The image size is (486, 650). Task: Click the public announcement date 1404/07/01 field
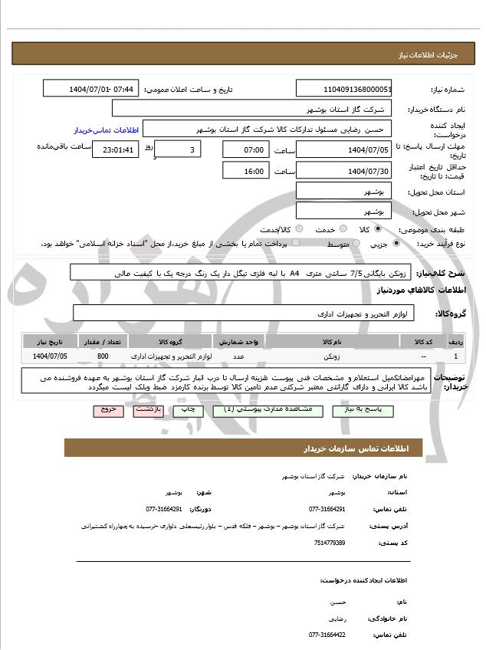click(91, 89)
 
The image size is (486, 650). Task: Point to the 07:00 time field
click(244, 149)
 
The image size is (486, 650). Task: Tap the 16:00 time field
click(244, 171)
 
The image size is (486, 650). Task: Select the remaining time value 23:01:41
click(116, 149)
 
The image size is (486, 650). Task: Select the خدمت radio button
click(342, 229)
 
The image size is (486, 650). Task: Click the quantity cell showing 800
click(103, 356)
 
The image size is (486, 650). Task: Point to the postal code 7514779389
click(330, 543)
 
